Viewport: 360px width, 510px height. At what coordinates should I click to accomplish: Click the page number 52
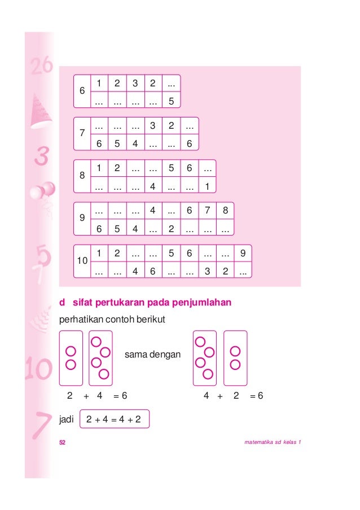(x=63, y=442)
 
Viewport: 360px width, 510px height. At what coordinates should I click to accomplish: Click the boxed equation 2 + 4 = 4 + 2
(x=115, y=420)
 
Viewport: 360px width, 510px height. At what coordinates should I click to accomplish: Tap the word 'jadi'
(x=67, y=420)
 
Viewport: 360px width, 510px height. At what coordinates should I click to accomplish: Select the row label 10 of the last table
(x=82, y=261)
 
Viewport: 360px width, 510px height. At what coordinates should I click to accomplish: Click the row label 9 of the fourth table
(x=82, y=219)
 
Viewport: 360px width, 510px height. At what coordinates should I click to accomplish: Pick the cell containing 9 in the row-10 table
(x=243, y=254)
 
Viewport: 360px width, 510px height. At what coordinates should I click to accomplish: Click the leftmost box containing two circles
(x=71, y=358)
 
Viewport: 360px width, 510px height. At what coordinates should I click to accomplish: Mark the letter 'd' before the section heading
(x=62, y=303)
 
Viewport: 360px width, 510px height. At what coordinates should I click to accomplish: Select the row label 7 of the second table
(x=82, y=134)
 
